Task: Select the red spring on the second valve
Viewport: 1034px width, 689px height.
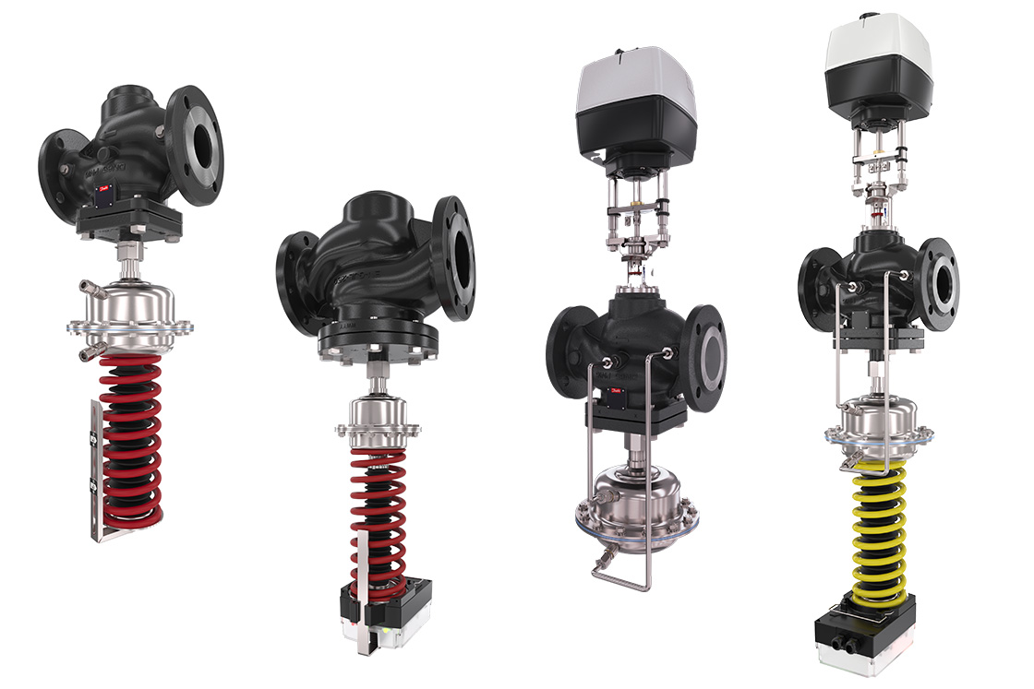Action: click(379, 517)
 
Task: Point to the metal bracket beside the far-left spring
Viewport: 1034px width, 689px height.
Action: click(96, 470)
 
